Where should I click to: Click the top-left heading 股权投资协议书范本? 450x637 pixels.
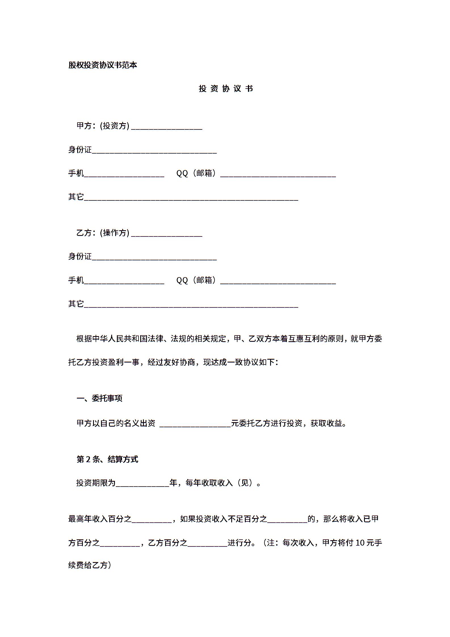(103, 65)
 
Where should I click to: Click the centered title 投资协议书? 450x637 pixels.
(226, 89)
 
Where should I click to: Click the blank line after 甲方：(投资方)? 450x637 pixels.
(167, 127)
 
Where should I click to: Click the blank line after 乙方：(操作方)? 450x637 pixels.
(167, 234)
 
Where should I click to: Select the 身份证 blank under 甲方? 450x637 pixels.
(154, 151)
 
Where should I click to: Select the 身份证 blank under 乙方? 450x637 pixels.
(154, 258)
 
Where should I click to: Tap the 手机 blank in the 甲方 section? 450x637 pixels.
(124, 174)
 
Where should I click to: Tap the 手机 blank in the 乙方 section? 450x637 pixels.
(124, 281)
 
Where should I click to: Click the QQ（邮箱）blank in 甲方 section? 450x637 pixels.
(278, 174)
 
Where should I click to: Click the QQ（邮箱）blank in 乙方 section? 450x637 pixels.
(278, 281)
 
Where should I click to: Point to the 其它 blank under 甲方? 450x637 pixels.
(191, 198)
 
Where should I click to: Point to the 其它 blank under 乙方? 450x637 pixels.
(191, 305)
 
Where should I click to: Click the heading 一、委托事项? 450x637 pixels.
(99, 398)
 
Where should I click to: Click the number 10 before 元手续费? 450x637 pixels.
(360, 543)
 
